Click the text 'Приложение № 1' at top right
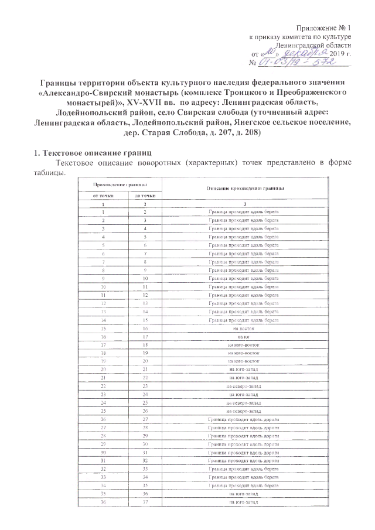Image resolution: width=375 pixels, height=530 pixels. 323,29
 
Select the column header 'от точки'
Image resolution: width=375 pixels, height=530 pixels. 103,194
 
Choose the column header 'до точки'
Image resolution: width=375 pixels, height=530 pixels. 144,194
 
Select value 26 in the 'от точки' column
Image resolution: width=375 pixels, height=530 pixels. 103,420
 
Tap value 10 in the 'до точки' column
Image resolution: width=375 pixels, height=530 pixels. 144,280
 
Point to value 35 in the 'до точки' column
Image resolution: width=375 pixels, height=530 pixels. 144,485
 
